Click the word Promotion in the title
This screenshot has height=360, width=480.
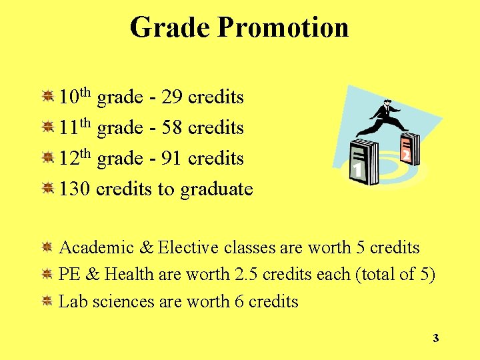pos(283,28)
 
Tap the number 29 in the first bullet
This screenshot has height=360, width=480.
pos(172,98)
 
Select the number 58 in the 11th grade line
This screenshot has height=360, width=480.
pos(172,128)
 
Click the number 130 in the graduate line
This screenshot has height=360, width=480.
pos(75,189)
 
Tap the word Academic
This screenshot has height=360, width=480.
pos(97,248)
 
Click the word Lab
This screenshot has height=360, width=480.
pos(73,301)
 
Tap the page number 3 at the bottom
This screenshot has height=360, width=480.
pos(435,339)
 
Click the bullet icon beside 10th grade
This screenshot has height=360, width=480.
pos(47,97)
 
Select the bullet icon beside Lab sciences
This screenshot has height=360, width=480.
pos(47,301)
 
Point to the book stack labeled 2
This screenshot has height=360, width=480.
pos(408,150)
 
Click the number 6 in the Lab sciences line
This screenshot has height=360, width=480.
pos(239,301)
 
